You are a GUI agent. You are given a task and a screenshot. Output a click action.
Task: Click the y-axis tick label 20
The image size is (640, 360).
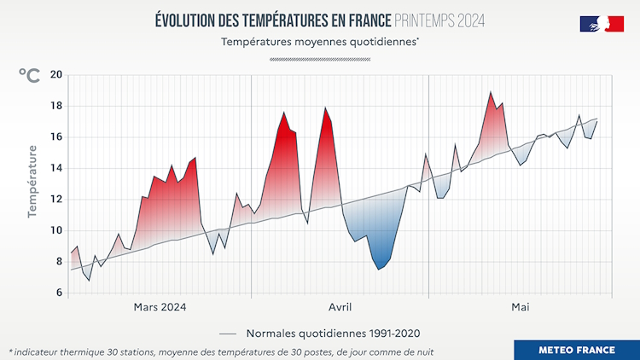(x=55, y=75)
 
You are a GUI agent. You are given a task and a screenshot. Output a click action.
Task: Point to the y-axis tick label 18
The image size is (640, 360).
(x=55, y=106)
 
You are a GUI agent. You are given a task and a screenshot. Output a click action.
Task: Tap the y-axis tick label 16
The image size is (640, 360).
(x=55, y=137)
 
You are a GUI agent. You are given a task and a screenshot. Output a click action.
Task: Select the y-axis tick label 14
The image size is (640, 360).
(x=55, y=168)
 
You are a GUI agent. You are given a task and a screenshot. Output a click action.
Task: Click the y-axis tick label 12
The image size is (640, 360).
(x=55, y=200)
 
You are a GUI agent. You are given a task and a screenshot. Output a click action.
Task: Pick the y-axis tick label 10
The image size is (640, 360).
(x=55, y=230)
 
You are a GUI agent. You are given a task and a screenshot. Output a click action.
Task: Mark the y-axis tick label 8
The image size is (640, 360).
(x=58, y=262)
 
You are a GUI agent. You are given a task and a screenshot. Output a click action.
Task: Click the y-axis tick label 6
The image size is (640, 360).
(x=58, y=293)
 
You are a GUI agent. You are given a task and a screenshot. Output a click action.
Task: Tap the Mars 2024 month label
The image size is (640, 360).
(x=160, y=307)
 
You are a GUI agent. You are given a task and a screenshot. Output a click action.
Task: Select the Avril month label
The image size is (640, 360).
(x=340, y=307)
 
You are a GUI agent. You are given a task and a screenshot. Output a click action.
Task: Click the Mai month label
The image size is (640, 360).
(x=521, y=307)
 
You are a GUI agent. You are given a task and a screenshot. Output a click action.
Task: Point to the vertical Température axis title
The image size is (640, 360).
(x=32, y=181)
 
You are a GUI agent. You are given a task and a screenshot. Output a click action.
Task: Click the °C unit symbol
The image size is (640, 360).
(x=28, y=76)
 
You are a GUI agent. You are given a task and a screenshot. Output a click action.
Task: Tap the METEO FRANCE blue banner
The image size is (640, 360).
(x=577, y=350)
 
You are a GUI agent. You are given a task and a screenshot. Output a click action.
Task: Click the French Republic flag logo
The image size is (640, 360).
(x=602, y=24)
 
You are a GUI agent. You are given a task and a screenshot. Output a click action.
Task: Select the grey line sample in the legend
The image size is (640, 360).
(x=228, y=334)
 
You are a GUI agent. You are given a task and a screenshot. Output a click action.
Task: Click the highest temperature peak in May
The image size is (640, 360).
(x=491, y=92)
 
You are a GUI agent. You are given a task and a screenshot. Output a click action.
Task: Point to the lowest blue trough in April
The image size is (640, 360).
(x=380, y=269)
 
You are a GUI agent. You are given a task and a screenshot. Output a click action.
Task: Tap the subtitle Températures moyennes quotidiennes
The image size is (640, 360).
(x=320, y=41)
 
